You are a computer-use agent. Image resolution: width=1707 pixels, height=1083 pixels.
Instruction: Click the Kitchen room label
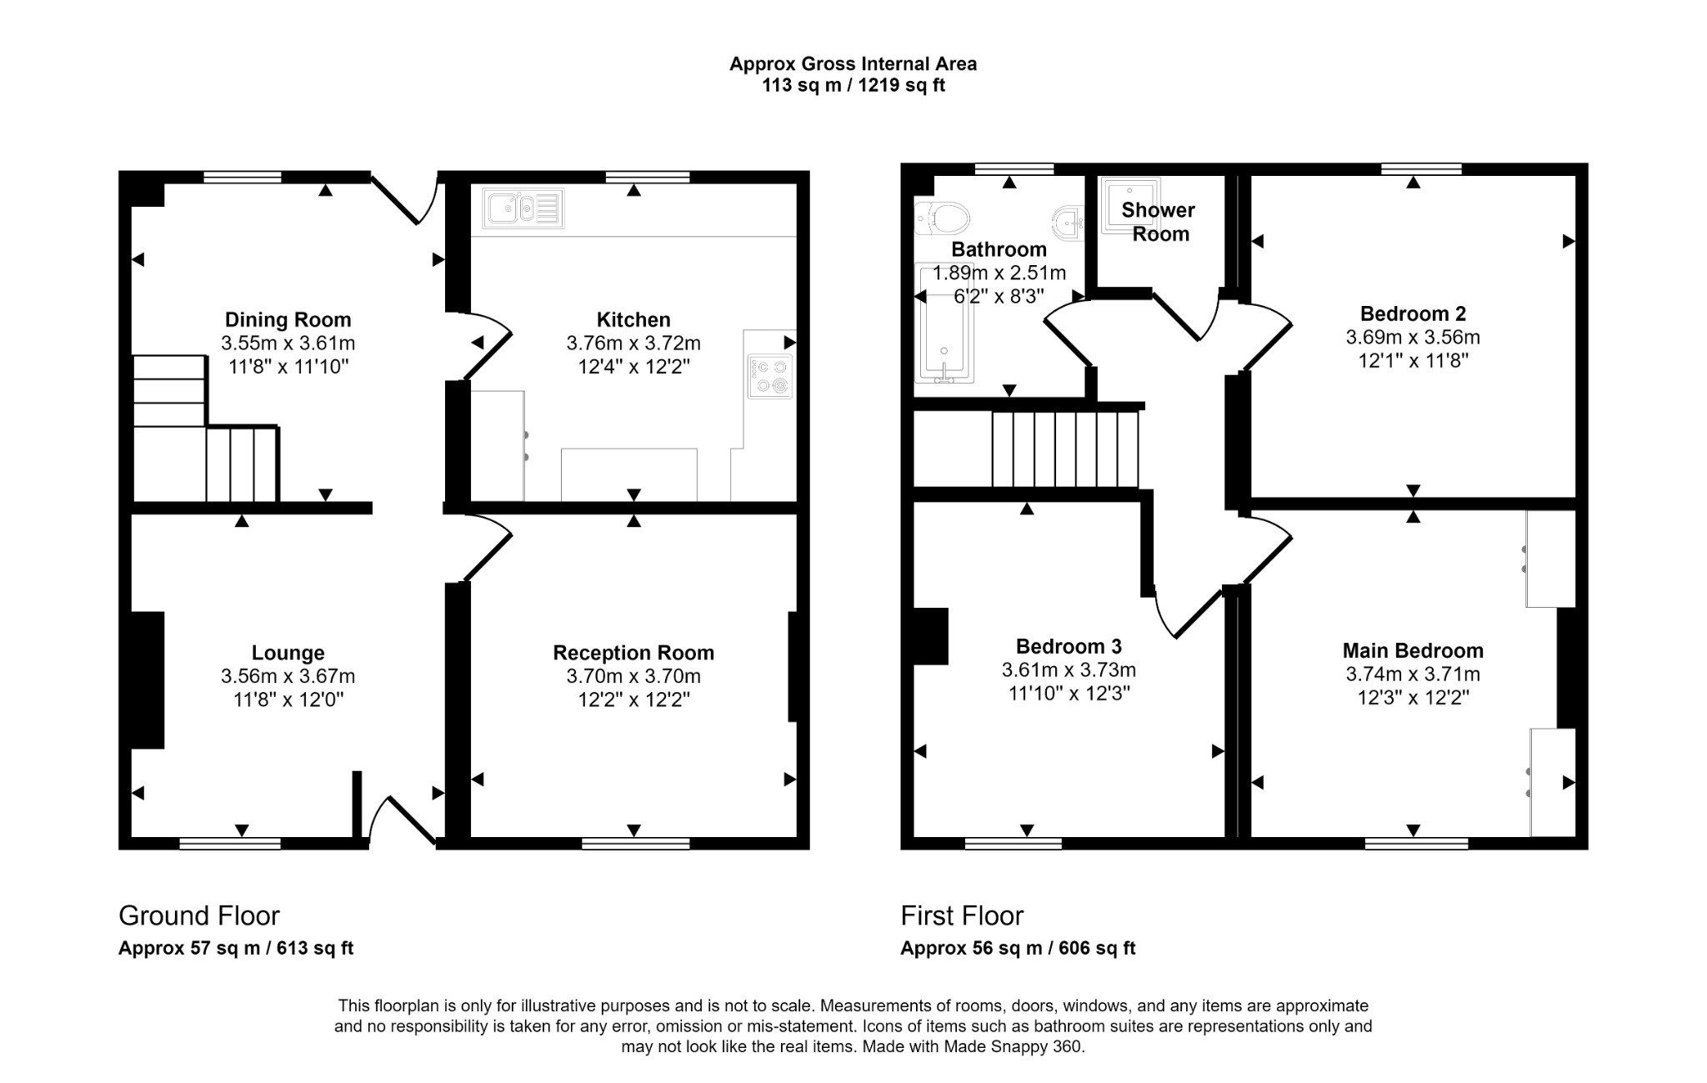[x=633, y=319]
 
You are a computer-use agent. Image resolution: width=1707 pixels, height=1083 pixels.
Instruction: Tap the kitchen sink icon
[x=523, y=208]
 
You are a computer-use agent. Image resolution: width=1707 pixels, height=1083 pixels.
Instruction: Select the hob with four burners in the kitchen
[x=769, y=376]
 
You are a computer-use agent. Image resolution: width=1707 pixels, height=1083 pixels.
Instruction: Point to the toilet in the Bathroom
[x=944, y=219]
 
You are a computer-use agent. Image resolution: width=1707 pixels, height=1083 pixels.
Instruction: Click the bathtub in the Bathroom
[x=944, y=333]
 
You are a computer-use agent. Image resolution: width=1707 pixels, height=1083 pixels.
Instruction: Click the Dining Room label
[x=288, y=319]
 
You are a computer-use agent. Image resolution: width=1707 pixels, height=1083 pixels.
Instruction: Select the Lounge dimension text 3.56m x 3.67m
[x=288, y=676]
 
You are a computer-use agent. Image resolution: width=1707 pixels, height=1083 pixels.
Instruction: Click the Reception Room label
[x=633, y=653]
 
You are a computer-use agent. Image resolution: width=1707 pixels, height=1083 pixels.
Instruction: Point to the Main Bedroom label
[x=1412, y=650]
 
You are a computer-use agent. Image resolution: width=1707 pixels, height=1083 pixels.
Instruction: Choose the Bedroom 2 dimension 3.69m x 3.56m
[x=1412, y=338]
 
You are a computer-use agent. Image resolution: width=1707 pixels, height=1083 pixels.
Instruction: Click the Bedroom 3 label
[x=1068, y=646]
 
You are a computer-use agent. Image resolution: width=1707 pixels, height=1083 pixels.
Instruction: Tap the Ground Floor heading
[x=199, y=915]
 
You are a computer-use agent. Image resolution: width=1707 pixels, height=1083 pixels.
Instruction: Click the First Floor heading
[x=962, y=915]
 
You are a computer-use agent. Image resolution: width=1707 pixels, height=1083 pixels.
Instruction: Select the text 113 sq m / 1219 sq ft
[x=853, y=86]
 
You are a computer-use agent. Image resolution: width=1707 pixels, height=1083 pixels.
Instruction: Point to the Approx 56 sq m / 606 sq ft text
[x=1018, y=948]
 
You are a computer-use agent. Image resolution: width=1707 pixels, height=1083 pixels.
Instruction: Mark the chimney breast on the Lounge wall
[x=148, y=679]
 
